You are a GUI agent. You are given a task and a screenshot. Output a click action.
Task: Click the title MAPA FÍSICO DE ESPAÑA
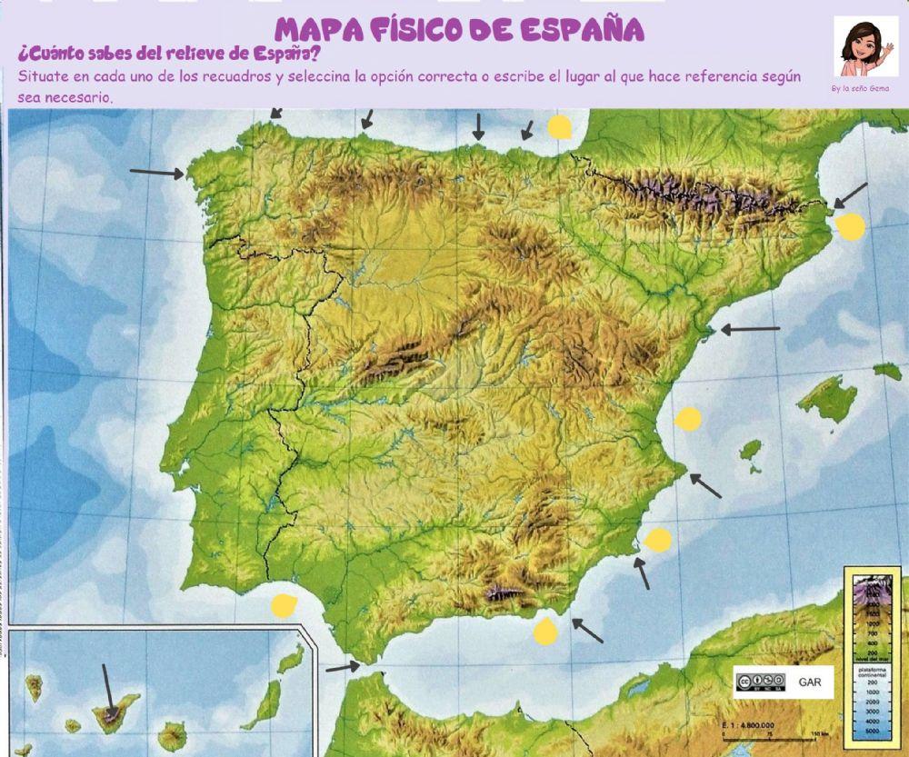tap(460, 29)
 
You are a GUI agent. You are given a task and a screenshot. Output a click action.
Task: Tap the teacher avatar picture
tap(865, 48)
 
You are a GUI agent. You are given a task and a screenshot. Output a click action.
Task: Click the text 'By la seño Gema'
tap(859, 89)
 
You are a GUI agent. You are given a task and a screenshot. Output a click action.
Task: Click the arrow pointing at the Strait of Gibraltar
tap(343, 667)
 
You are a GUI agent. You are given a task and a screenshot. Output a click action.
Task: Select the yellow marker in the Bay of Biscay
tap(560, 127)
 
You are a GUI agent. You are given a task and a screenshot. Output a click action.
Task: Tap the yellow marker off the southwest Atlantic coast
tap(284, 604)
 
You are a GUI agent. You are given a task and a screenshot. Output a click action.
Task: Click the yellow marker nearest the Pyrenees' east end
tap(851, 226)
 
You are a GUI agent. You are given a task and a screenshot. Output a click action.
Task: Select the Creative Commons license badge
tap(760, 682)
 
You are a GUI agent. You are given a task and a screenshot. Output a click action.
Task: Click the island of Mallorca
tap(826, 400)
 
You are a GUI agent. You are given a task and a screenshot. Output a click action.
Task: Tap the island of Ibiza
tap(751, 450)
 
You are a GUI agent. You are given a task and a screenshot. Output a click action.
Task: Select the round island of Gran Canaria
tap(172, 734)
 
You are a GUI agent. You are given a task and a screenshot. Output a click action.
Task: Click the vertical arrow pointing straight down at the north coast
tap(477, 127)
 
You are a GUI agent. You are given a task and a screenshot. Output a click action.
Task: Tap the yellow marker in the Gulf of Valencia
tap(689, 419)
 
